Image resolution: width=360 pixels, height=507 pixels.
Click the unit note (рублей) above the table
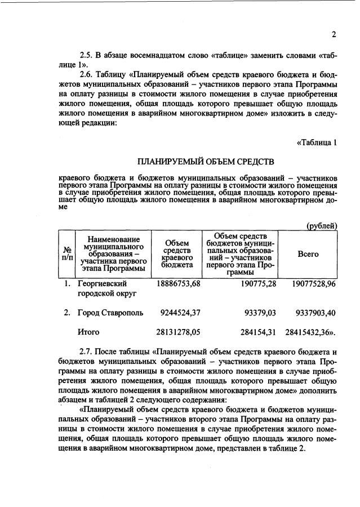(322, 225)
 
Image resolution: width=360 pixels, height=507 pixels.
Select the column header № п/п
(66, 253)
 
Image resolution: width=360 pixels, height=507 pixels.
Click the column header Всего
(308, 254)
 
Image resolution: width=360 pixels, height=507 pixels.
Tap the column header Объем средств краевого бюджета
(177, 253)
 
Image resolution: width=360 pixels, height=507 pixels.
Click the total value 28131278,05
(178, 332)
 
